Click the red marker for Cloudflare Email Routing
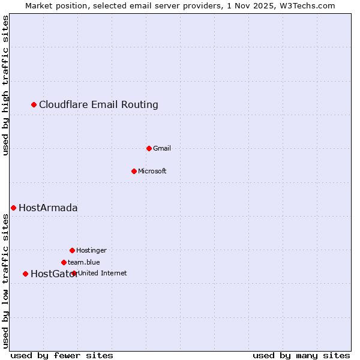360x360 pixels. click(34, 105)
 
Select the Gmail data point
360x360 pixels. click(149, 148)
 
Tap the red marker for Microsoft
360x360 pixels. click(134, 171)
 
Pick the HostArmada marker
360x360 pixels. click(13, 208)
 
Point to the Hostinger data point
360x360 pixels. click(72, 250)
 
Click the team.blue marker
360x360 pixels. click(64, 262)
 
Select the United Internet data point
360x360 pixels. click(74, 273)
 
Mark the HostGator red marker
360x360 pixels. click(25, 274)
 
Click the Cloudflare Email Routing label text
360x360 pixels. click(98, 105)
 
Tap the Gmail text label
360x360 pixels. click(162, 148)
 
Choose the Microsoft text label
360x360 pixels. click(152, 171)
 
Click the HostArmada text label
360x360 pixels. click(48, 208)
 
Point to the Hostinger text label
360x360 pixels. click(91, 250)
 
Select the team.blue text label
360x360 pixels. click(84, 262)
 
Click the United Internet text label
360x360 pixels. click(103, 273)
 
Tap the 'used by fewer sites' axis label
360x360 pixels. click(62, 355)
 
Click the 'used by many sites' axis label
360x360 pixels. click(301, 355)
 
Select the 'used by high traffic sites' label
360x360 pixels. click(6, 85)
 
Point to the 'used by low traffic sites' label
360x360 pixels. click(6, 281)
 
